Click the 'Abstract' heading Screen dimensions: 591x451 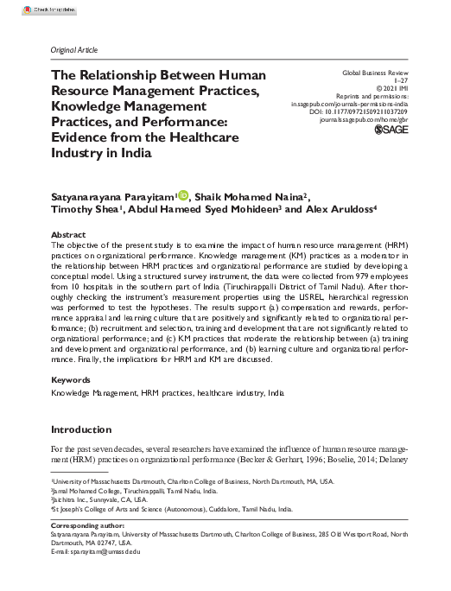tap(68, 235)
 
